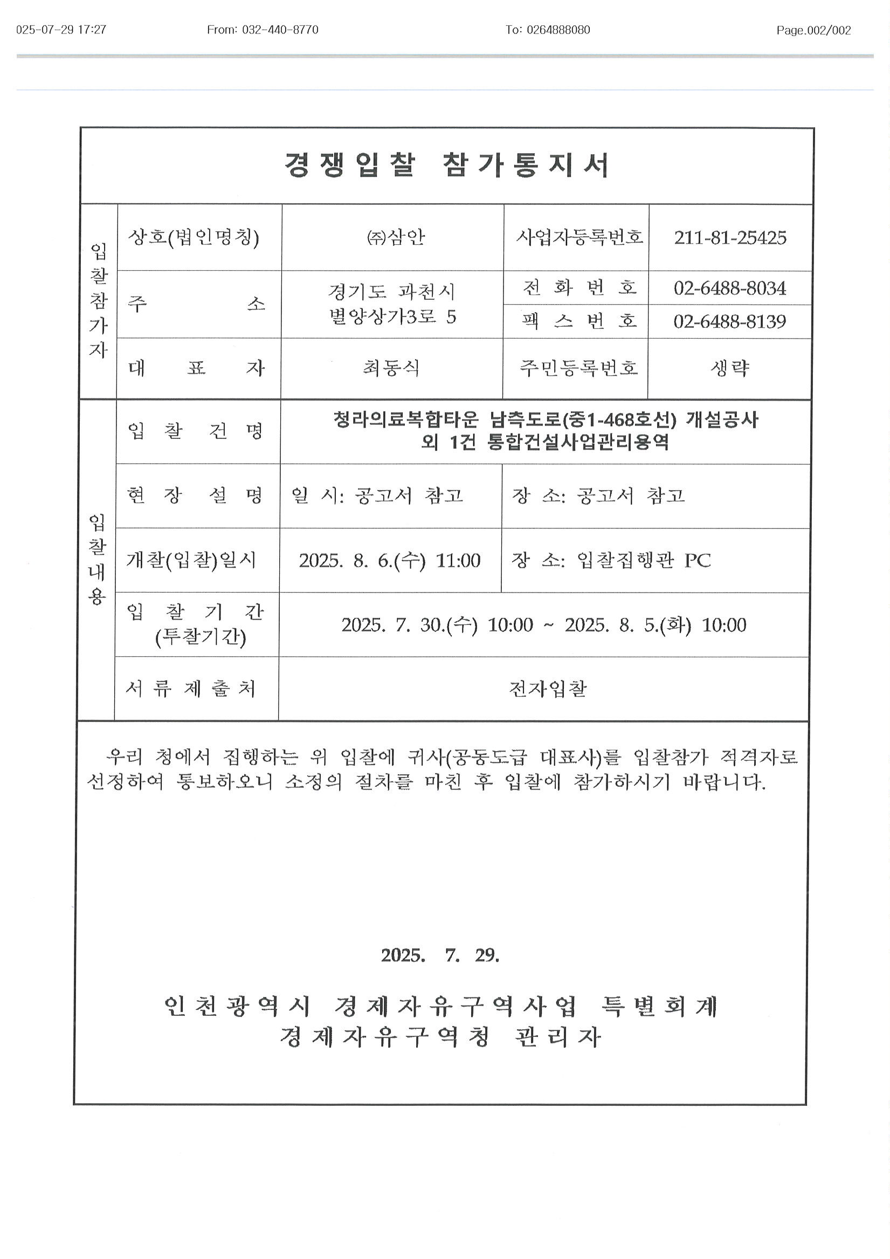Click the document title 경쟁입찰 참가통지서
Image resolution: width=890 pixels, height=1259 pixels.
446,165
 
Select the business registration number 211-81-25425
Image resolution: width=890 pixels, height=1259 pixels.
730,237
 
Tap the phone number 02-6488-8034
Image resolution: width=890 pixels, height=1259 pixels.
730,288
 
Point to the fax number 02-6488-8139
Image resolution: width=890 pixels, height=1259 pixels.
730,321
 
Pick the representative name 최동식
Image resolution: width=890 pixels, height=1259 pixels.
391,368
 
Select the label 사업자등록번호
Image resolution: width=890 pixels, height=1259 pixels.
579,237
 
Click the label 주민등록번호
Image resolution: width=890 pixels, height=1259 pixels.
579,368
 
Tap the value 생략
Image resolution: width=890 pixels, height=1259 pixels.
730,368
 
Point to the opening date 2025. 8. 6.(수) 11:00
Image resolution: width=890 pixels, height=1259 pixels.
389,560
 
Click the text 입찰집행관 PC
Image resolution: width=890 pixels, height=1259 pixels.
643,560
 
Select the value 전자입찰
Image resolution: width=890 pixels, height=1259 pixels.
547,689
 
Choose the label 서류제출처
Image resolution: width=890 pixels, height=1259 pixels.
191,689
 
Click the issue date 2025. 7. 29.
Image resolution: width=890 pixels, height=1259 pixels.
440,956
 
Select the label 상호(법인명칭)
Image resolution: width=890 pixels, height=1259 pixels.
193,237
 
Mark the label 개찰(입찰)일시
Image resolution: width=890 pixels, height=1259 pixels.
191,560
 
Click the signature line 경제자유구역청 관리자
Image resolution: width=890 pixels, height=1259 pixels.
440,1037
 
